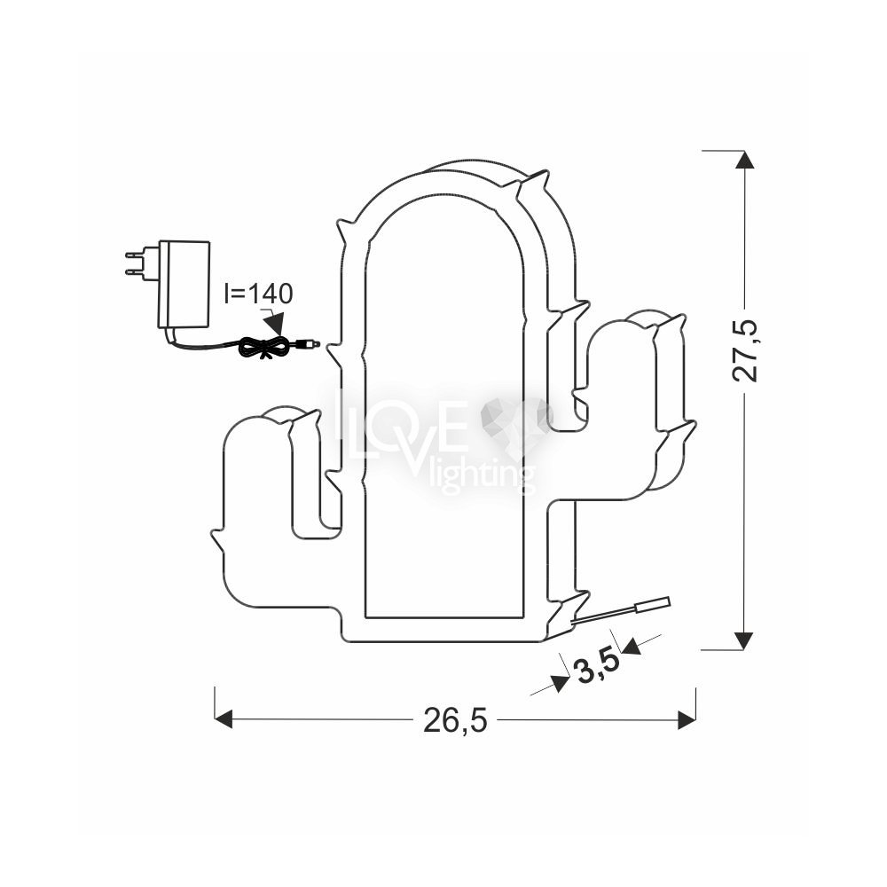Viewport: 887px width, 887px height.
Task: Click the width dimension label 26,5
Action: coord(455,720)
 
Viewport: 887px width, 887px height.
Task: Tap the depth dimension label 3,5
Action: coord(596,668)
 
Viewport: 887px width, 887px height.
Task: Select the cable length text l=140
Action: coord(258,294)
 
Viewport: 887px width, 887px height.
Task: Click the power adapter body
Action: coord(185,284)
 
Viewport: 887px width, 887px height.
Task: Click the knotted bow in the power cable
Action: coord(263,345)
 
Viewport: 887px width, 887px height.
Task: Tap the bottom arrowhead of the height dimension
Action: coord(744,640)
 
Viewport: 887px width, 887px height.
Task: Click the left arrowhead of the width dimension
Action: coord(224,720)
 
